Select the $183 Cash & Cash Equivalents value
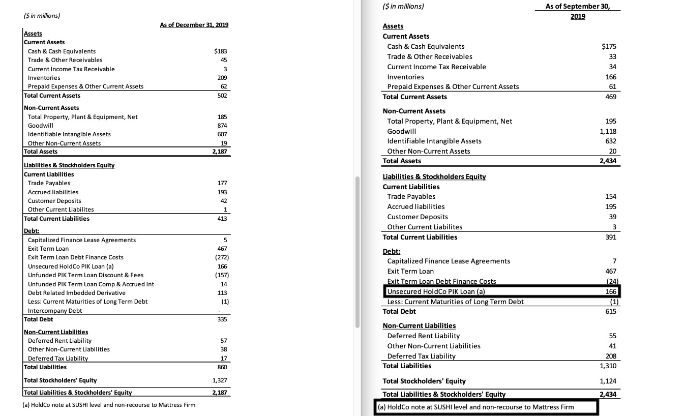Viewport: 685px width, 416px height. pyautogui.click(x=221, y=51)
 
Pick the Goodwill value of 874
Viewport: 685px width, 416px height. pyautogui.click(x=222, y=125)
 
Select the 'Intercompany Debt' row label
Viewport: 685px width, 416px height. pyautogui.click(x=55, y=310)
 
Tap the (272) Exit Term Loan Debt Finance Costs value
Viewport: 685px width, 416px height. pyautogui.click(x=221, y=257)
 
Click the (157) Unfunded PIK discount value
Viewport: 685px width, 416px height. pyautogui.click(x=221, y=275)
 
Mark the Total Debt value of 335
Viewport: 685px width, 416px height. pyautogui.click(x=222, y=319)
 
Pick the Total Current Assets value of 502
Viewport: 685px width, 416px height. pyautogui.click(x=222, y=96)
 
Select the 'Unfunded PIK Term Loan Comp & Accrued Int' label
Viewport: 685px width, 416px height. pyautogui.click(x=91, y=284)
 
